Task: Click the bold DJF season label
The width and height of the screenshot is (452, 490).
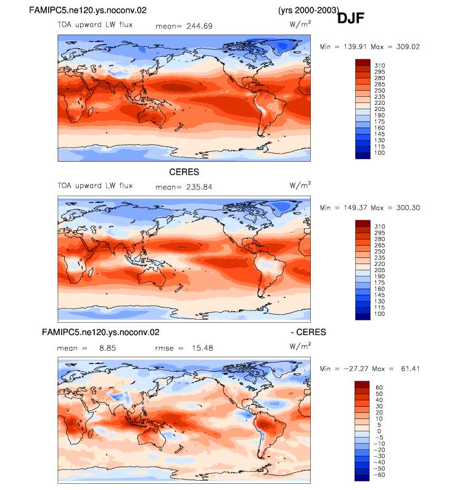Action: pos(350,18)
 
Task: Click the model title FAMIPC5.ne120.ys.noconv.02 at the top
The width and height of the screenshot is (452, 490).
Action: pos(88,10)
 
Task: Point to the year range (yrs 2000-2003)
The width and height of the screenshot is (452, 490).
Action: pos(308,10)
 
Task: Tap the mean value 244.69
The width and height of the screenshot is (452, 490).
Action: pos(199,26)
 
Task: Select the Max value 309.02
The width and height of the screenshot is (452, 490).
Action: pos(408,46)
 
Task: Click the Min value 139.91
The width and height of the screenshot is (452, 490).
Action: pos(355,46)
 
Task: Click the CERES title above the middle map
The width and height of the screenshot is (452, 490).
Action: pos(184,172)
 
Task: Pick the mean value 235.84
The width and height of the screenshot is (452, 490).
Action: pos(199,187)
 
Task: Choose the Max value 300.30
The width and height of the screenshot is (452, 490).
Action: pos(408,207)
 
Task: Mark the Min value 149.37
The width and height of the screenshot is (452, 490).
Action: pos(355,207)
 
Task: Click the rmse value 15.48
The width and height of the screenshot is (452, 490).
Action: pos(203,348)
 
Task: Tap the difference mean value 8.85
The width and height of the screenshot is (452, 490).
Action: pos(108,348)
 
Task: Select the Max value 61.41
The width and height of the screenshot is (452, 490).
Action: pos(410,368)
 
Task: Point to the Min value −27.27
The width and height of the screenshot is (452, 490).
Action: pos(356,368)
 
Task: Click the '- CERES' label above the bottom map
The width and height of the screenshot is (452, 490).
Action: pos(308,332)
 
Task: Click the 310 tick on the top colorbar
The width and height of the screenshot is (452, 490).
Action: pos(380,65)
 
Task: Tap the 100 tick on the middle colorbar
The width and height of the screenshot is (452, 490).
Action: pos(380,314)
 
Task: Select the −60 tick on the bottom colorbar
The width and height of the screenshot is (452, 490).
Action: pos(379,475)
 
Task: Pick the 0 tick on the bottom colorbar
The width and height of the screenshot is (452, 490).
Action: pos(379,431)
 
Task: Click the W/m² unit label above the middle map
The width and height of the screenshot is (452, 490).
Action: pos(300,185)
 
